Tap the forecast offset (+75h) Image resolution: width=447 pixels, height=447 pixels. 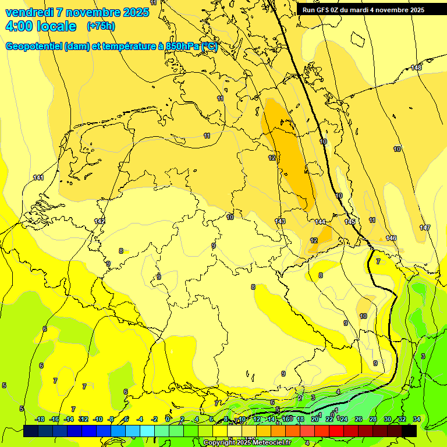pyautogui.click(x=101, y=26)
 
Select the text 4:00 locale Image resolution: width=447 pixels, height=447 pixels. pyautogui.click(x=41, y=26)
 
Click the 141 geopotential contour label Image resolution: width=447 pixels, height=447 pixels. pyautogui.click(x=38, y=178)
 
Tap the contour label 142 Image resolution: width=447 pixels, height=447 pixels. pyautogui.click(x=100, y=221)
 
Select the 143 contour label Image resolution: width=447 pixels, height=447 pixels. pyautogui.click(x=280, y=221)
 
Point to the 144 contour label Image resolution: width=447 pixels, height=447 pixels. pyautogui.click(x=320, y=222)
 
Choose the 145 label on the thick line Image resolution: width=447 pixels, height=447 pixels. pyautogui.click(x=350, y=222)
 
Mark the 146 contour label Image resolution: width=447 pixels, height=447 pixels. pyautogui.click(x=391, y=238)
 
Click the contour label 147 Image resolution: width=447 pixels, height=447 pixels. pyautogui.click(x=425, y=228)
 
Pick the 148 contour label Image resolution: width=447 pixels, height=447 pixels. pyautogui.click(x=416, y=68)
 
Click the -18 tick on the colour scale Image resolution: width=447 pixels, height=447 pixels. pyautogui.click(x=40, y=419)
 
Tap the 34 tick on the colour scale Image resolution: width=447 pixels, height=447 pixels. pyautogui.click(x=417, y=419)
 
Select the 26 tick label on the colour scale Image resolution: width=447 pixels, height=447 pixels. pyautogui.click(x=359, y=419)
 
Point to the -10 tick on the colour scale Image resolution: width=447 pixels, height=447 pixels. pyautogui.click(x=98, y=419)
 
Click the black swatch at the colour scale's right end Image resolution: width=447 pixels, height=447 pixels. pyautogui.click(x=409, y=431)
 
